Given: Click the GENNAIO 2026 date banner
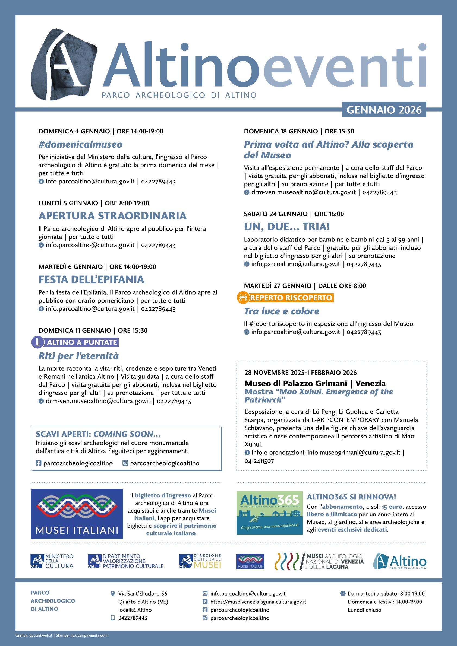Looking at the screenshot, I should pos(384,110).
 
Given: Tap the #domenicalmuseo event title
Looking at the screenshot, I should pos(81,145).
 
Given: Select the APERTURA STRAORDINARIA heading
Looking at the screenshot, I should pos(113,216).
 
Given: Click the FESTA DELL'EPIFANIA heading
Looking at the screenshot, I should pos(92,279).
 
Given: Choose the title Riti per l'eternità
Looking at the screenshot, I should pos(78,356).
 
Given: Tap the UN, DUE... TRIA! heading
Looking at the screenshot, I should pos(287,227).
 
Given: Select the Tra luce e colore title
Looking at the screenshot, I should pos(282,311).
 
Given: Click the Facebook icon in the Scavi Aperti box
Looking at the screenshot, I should pos(39,463).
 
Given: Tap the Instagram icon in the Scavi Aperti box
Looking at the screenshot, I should pos(125,463).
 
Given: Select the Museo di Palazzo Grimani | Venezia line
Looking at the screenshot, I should pos(315,383).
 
